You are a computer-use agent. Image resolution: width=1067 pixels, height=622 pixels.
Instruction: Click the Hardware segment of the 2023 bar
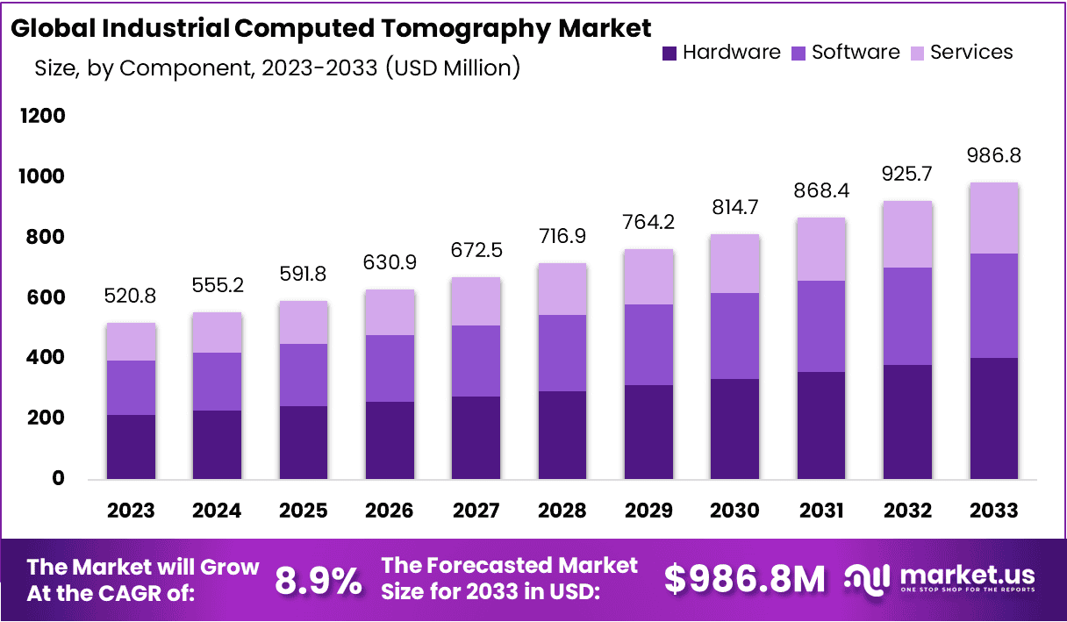click(131, 447)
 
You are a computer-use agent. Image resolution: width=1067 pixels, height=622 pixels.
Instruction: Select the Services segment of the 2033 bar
click(994, 218)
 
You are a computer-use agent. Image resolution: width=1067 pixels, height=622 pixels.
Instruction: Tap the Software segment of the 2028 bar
click(562, 353)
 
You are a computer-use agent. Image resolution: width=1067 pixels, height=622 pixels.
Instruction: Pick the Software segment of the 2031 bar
click(821, 326)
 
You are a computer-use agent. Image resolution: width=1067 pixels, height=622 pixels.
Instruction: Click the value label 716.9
click(562, 237)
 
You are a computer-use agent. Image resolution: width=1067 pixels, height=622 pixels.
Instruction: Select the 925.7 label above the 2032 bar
click(908, 175)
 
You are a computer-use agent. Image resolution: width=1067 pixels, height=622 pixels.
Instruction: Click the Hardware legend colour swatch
click(670, 53)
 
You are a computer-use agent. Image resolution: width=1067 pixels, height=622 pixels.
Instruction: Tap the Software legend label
click(856, 53)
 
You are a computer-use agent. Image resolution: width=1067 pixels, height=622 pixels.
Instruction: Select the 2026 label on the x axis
click(390, 511)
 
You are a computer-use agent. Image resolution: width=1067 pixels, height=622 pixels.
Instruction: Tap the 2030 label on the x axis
click(735, 511)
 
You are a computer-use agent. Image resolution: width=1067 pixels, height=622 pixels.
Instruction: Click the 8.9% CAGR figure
click(319, 580)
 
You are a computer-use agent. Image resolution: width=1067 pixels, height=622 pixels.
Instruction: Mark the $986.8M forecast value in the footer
click(744, 580)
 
